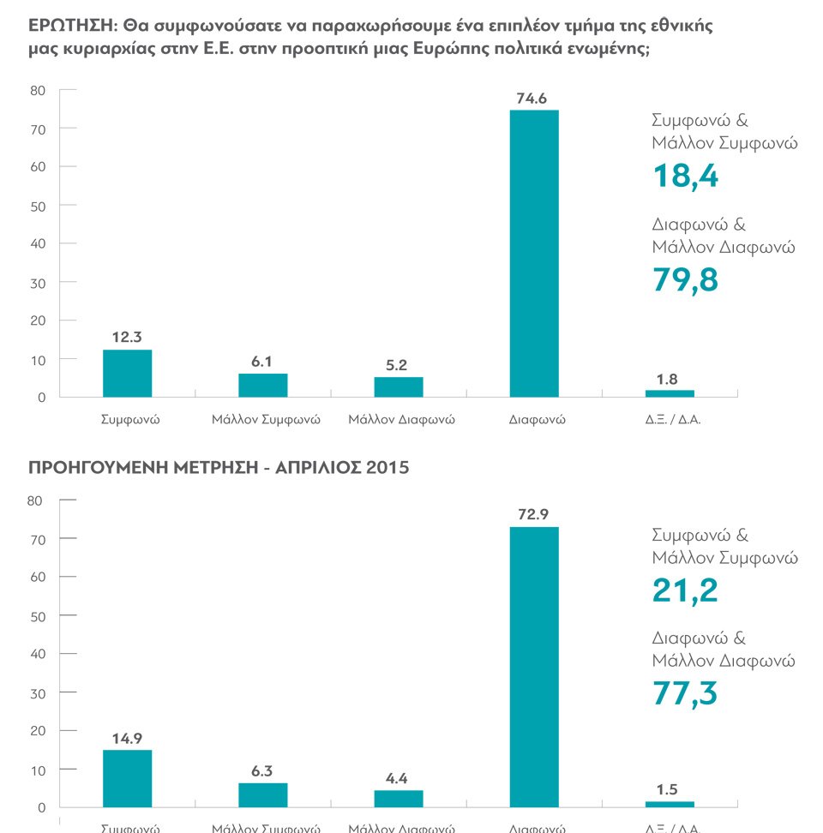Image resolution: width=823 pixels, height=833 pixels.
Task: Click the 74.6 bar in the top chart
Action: pyautogui.click(x=534, y=253)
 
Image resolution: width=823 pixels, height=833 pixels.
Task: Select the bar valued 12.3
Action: pyautogui.click(x=127, y=374)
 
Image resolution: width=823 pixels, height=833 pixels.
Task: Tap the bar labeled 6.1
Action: pyautogui.click(x=262, y=385)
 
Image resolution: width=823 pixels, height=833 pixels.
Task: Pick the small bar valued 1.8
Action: pyautogui.click(x=670, y=393)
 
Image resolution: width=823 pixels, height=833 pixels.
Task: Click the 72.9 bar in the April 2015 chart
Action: pyautogui.click(x=534, y=667)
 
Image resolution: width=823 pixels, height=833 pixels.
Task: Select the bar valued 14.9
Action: pyautogui.click(x=127, y=778)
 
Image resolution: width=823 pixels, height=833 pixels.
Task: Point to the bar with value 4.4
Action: pyautogui.click(x=398, y=798)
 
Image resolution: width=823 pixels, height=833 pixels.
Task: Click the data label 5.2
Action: pyautogui.click(x=398, y=365)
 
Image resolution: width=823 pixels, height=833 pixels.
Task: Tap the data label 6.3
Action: pyautogui.click(x=262, y=771)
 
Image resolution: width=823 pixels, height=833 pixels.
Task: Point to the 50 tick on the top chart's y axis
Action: pyautogui.click(x=38, y=206)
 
